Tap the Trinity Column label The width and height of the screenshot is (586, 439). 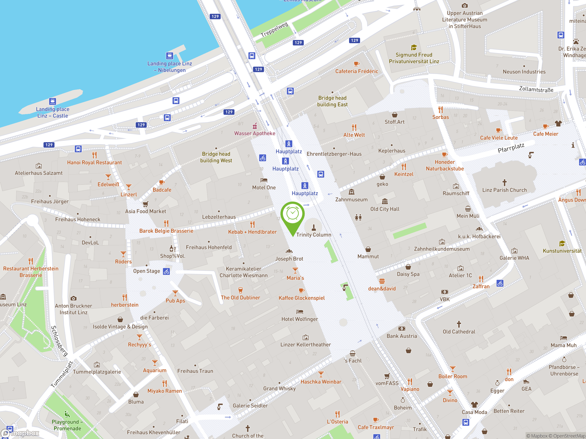[314, 235]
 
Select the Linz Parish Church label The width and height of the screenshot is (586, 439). [505, 190]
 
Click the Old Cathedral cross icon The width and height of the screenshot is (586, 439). [459, 324]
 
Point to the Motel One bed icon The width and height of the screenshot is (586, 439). [264, 180]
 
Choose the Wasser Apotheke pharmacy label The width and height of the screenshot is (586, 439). [254, 133]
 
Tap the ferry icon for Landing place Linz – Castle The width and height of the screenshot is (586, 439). [52, 101]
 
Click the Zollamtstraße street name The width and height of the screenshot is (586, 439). [536, 89]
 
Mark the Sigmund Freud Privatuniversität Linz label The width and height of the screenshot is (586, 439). [414, 58]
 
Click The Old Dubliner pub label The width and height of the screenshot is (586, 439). [240, 297]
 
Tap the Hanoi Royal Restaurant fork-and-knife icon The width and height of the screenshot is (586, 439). [94, 155]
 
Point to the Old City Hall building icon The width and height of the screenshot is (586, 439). [385, 201]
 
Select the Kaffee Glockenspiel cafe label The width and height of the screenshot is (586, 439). [301, 298]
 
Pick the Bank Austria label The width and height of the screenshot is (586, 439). [402, 336]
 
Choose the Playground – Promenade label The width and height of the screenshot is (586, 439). [67, 425]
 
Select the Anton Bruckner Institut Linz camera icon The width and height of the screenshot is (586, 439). [73, 298]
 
